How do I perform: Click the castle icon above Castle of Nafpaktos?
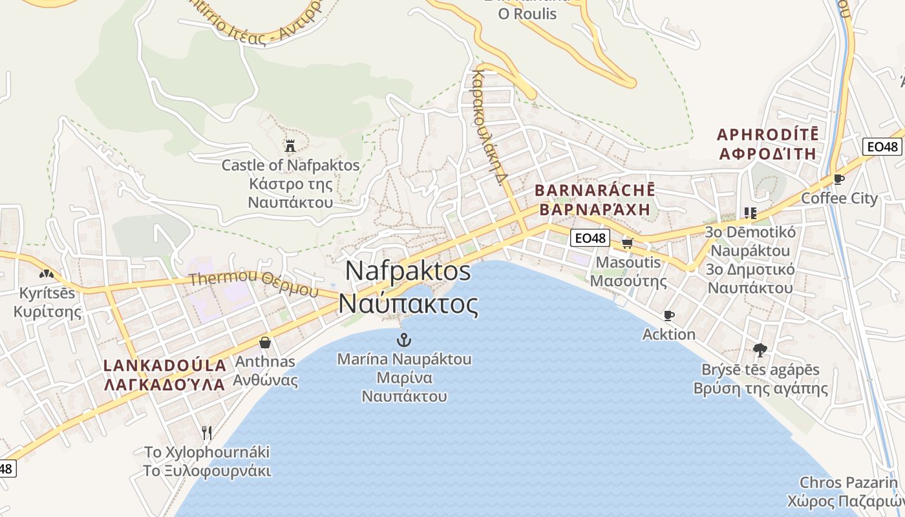pyautogui.click(x=290, y=146)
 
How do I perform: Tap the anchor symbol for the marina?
pyautogui.click(x=404, y=339)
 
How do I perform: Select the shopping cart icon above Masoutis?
pyautogui.click(x=627, y=243)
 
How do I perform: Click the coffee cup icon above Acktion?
pyautogui.click(x=669, y=315)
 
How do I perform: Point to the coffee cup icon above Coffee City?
pyautogui.click(x=839, y=179)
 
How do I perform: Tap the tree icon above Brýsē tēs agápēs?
pyautogui.click(x=760, y=350)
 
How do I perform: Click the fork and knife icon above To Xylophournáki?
pyautogui.click(x=207, y=432)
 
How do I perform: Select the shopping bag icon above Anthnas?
pyautogui.click(x=264, y=342)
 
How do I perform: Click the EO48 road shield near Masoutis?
pyautogui.click(x=590, y=238)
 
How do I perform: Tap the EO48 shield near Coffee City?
pyautogui.click(x=883, y=147)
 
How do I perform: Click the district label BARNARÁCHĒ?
pyautogui.click(x=595, y=191)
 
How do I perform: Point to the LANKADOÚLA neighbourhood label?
pyautogui.click(x=165, y=365)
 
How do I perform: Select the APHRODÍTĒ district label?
pyautogui.click(x=767, y=135)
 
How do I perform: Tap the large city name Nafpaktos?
pyautogui.click(x=409, y=270)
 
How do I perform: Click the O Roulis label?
pyautogui.click(x=527, y=14)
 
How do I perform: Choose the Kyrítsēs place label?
pyautogui.click(x=47, y=293)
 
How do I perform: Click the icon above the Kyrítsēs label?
pyautogui.click(x=46, y=274)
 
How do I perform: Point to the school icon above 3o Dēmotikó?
pyautogui.click(x=750, y=213)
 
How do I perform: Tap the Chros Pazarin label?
pyautogui.click(x=849, y=483)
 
